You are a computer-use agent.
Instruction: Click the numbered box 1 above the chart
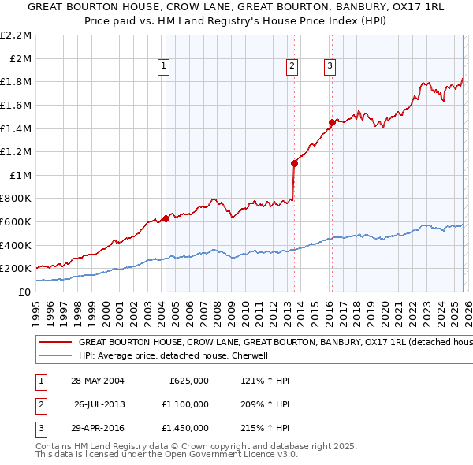pyautogui.click(x=164, y=67)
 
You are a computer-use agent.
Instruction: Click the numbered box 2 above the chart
pyautogui.click(x=292, y=67)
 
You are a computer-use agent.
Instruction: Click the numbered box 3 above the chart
pyautogui.click(x=330, y=67)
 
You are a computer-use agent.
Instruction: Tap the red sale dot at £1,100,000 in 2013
pyautogui.click(x=294, y=163)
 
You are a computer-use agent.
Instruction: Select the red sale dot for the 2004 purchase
pyautogui.click(x=166, y=218)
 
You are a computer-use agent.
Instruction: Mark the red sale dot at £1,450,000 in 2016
pyautogui.click(x=332, y=122)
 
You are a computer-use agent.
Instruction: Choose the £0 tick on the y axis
pyautogui.click(x=25, y=292)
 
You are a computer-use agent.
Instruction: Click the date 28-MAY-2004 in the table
pyautogui.click(x=98, y=381)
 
